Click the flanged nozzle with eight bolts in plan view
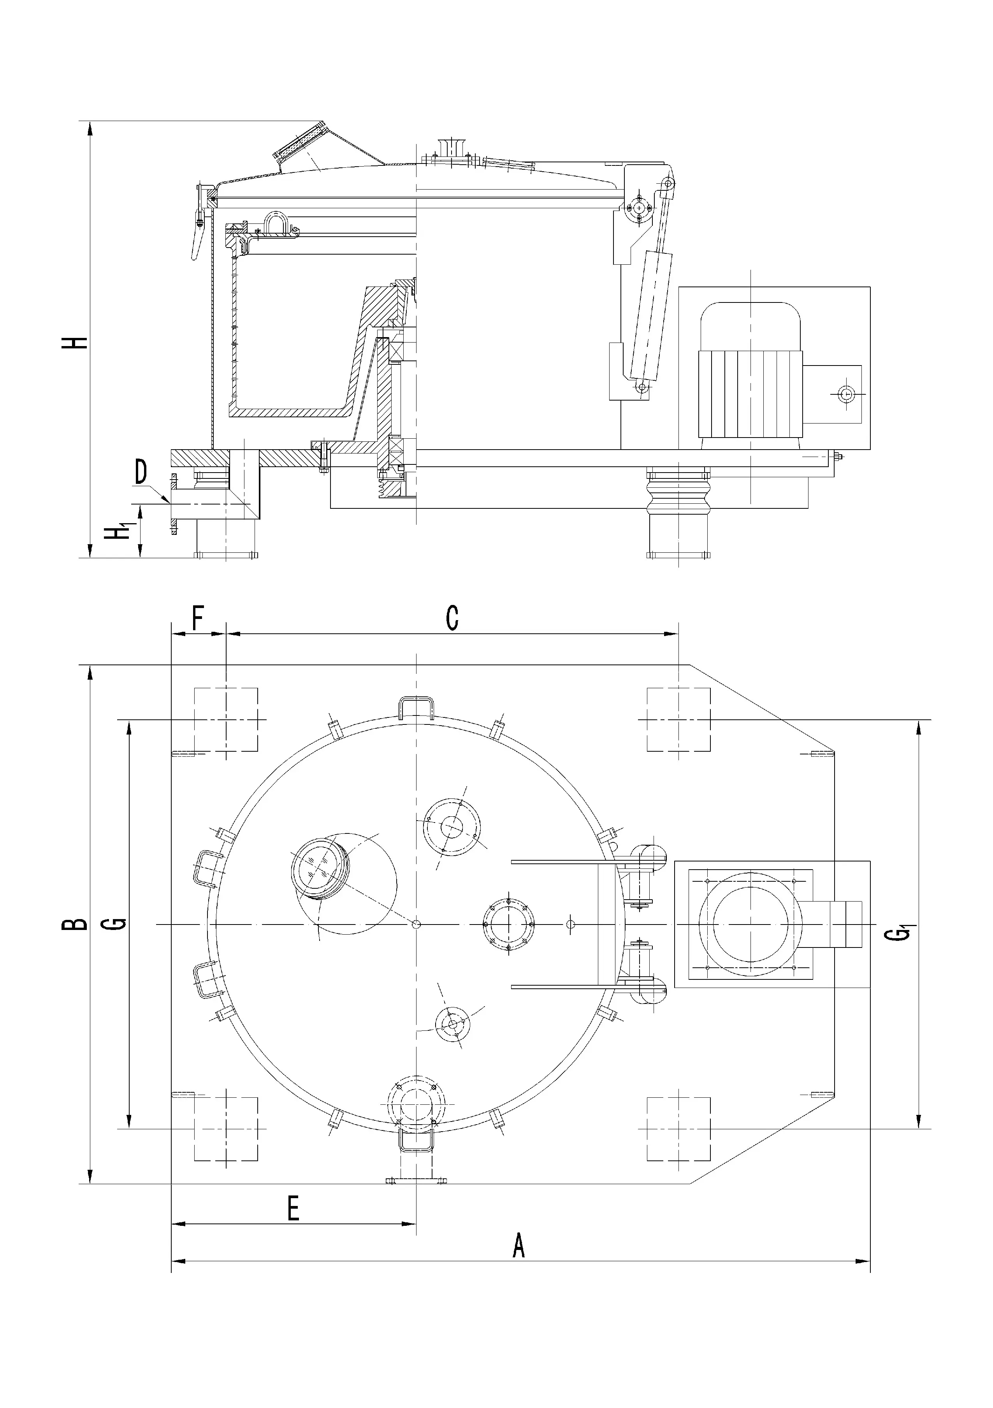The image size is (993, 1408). pos(508,924)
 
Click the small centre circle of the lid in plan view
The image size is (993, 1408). pos(417,924)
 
